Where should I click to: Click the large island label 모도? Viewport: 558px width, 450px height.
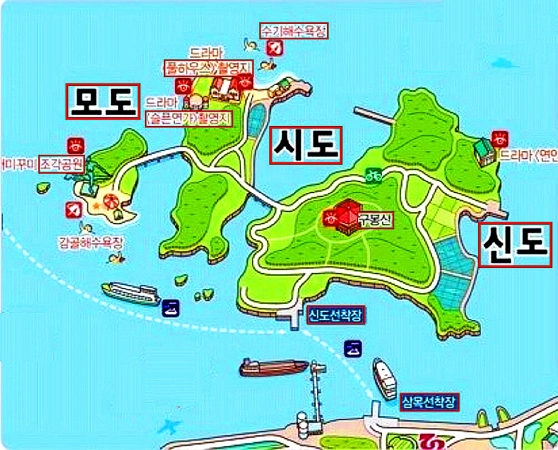click(103, 101)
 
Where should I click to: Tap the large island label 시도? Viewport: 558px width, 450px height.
click(305, 145)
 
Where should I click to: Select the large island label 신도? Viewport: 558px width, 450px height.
click(515, 245)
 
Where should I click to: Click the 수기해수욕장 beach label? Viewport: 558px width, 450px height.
click(294, 31)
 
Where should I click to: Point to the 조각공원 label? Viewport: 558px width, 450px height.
click(61, 164)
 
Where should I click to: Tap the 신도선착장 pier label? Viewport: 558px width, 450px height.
click(336, 316)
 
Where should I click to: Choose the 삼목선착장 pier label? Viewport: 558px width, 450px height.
click(430, 402)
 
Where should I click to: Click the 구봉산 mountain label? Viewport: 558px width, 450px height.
click(376, 220)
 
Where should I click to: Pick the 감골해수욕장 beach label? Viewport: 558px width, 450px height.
click(91, 242)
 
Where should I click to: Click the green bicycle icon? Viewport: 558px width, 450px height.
click(373, 175)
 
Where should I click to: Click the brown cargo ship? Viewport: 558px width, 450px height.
click(274, 366)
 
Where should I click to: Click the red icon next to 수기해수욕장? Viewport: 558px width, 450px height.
click(273, 47)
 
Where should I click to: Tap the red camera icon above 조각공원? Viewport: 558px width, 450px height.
click(76, 145)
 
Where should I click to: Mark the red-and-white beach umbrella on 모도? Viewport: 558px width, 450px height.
click(110, 201)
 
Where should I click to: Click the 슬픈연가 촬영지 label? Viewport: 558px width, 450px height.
click(189, 119)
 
